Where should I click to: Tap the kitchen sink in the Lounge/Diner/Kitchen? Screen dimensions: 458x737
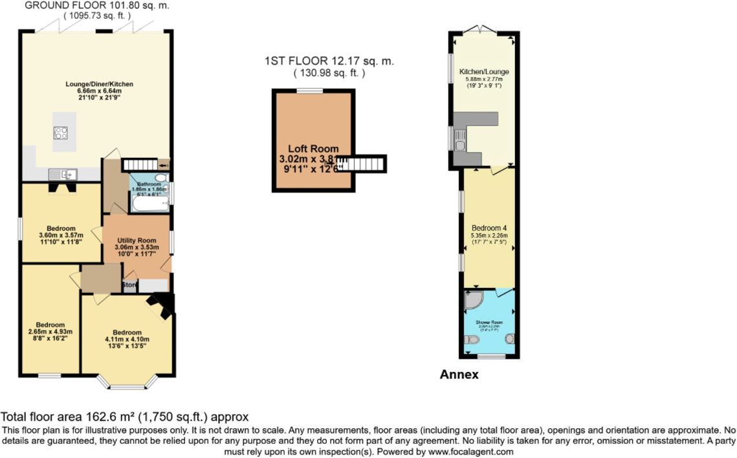coord(63,173)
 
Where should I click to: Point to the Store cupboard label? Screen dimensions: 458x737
coord(130,284)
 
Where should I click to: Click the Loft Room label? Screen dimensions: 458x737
coord(313,149)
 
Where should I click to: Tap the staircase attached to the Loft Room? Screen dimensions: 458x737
coord(364,164)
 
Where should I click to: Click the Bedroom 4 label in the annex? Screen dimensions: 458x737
coord(489,229)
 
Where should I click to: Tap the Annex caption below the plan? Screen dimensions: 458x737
coord(459,375)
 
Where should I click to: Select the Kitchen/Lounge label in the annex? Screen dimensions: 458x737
coord(484,71)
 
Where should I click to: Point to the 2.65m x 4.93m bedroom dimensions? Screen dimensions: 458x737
coord(50,331)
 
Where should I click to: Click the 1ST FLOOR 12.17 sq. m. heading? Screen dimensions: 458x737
coord(329,61)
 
